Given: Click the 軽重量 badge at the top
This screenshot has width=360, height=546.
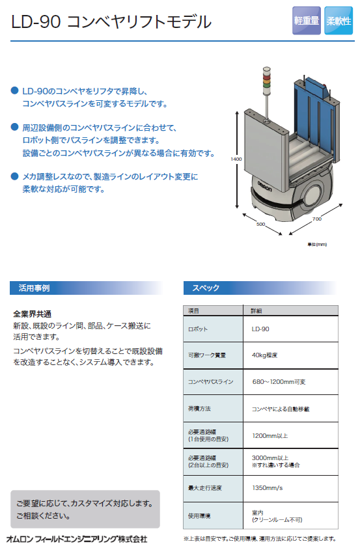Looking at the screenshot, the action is point(307,21).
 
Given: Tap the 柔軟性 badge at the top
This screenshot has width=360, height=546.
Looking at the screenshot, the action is point(339,21).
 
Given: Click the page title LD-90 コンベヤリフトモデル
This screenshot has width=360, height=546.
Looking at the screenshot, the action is point(111,21).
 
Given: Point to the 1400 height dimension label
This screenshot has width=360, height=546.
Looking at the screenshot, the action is point(236,159).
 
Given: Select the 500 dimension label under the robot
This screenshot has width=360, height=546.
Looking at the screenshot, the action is point(260,225).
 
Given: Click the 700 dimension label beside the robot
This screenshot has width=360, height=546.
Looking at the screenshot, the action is point(317,219).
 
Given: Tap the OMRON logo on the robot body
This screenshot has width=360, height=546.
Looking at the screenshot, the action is point(264,186).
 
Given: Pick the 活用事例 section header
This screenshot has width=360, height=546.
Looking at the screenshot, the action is point(34,288).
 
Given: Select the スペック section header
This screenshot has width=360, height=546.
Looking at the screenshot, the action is point(206,288).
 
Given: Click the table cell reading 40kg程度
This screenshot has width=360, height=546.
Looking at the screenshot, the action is point(290,355).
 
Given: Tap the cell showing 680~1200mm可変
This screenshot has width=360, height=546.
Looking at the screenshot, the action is point(290,381).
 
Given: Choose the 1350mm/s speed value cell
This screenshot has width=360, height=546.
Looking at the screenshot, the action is point(290,488).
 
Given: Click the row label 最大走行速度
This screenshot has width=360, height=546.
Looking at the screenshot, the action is point(205,488).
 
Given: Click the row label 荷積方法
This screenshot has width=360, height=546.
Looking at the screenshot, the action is point(199,409).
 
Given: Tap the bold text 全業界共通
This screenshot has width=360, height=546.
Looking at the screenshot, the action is point(33,314).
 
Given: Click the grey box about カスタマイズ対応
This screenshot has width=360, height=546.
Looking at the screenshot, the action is point(85,509).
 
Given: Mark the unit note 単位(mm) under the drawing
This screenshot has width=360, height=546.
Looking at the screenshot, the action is point(317,245).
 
